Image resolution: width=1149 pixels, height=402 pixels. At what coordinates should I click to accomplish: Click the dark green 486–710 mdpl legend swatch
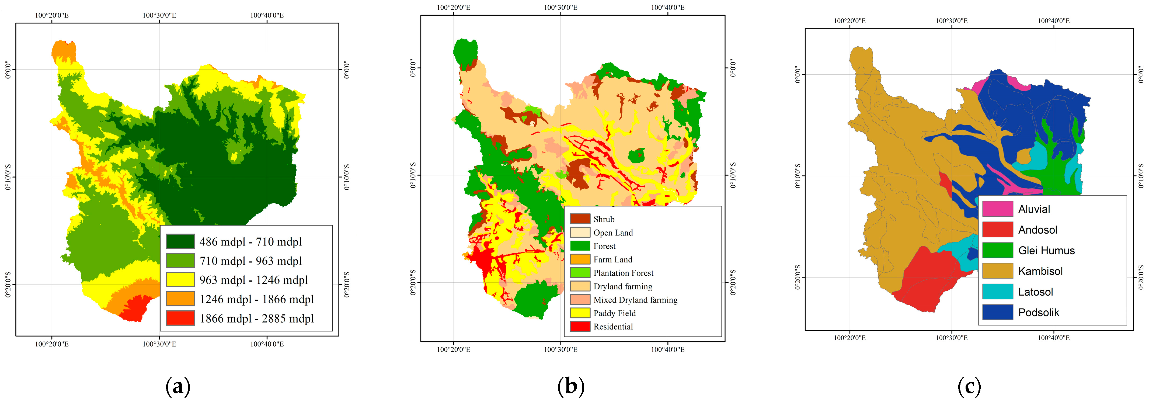(x=180, y=241)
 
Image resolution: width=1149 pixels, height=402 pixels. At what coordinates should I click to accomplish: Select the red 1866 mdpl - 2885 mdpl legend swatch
(x=180, y=318)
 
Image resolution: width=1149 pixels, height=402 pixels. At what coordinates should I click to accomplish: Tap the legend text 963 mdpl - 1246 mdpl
(x=253, y=280)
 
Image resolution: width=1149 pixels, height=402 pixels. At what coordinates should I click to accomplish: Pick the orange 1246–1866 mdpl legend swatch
(x=180, y=299)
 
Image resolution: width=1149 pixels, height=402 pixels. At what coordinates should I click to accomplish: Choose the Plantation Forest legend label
(x=623, y=273)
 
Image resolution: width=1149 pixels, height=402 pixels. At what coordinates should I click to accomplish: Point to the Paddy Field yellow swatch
(x=580, y=313)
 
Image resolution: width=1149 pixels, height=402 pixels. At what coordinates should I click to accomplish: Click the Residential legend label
(x=613, y=327)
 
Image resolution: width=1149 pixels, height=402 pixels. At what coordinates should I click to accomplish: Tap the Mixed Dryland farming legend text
(x=635, y=300)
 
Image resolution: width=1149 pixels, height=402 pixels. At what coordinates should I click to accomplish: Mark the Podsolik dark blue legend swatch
(x=997, y=312)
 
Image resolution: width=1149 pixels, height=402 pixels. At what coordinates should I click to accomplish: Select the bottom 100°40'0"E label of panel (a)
(x=267, y=344)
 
